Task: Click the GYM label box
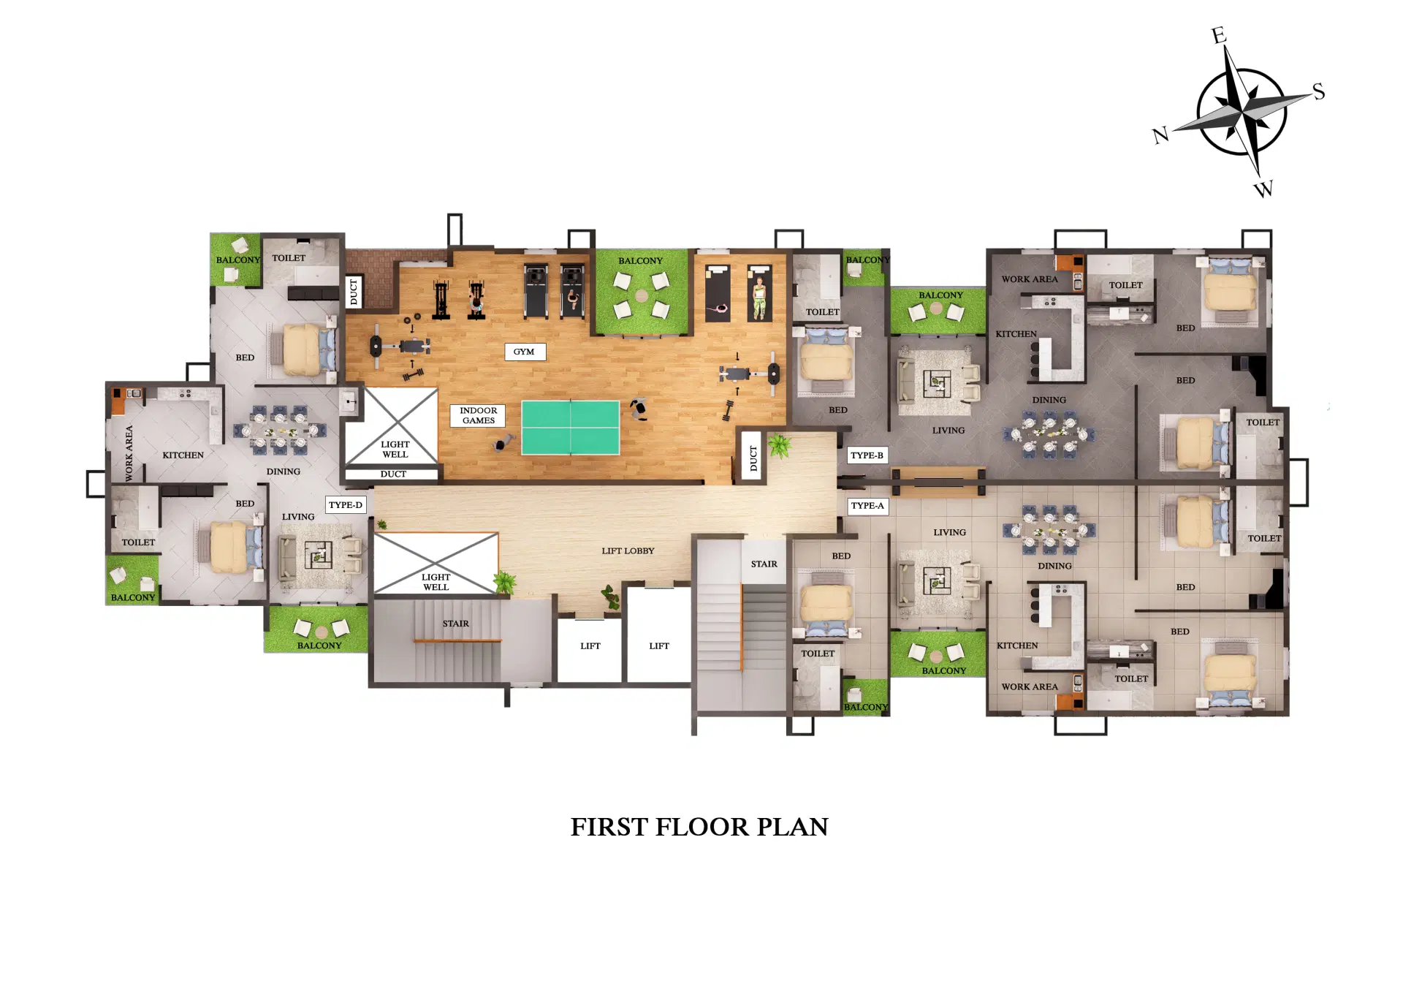[524, 352]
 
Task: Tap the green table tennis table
[570, 428]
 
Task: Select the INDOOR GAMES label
[478, 415]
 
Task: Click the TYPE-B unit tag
[867, 455]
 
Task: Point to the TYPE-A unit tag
[867, 506]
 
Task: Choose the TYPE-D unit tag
[345, 505]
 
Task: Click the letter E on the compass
[1218, 35]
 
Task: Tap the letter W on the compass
[1263, 189]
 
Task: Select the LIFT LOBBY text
[628, 551]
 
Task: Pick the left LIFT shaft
[590, 646]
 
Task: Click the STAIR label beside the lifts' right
[764, 564]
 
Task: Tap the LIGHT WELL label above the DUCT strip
[395, 449]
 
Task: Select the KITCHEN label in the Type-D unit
[183, 455]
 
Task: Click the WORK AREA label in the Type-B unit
[1029, 279]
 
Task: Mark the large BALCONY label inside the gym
[640, 261]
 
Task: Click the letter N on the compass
[1160, 135]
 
